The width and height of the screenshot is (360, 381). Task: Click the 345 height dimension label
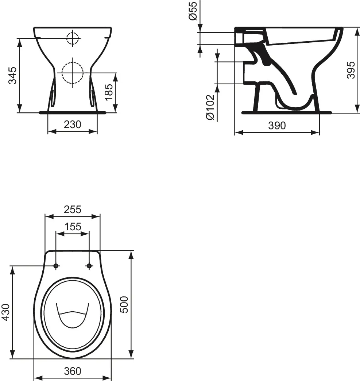[x=13, y=75]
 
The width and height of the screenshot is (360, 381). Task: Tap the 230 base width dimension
[x=73, y=124]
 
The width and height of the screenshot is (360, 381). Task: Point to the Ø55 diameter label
[x=193, y=11]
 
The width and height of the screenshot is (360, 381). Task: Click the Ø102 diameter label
[x=209, y=107]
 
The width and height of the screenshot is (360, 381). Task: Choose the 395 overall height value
[x=350, y=70]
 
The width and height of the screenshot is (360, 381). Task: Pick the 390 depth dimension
[x=277, y=126]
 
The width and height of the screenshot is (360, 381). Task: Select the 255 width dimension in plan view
[x=73, y=209]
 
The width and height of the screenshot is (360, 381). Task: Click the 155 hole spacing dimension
[x=73, y=227]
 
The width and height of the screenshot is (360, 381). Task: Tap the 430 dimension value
[x=5, y=312]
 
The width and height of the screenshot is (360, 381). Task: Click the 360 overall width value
[x=73, y=371]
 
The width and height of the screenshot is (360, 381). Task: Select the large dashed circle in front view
[x=73, y=73]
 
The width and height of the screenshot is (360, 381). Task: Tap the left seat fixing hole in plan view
[x=56, y=266]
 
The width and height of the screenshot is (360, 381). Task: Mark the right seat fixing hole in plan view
[x=89, y=266]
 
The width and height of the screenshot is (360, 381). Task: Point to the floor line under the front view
[x=73, y=113]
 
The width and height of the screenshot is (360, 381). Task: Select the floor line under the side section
[x=286, y=113]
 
